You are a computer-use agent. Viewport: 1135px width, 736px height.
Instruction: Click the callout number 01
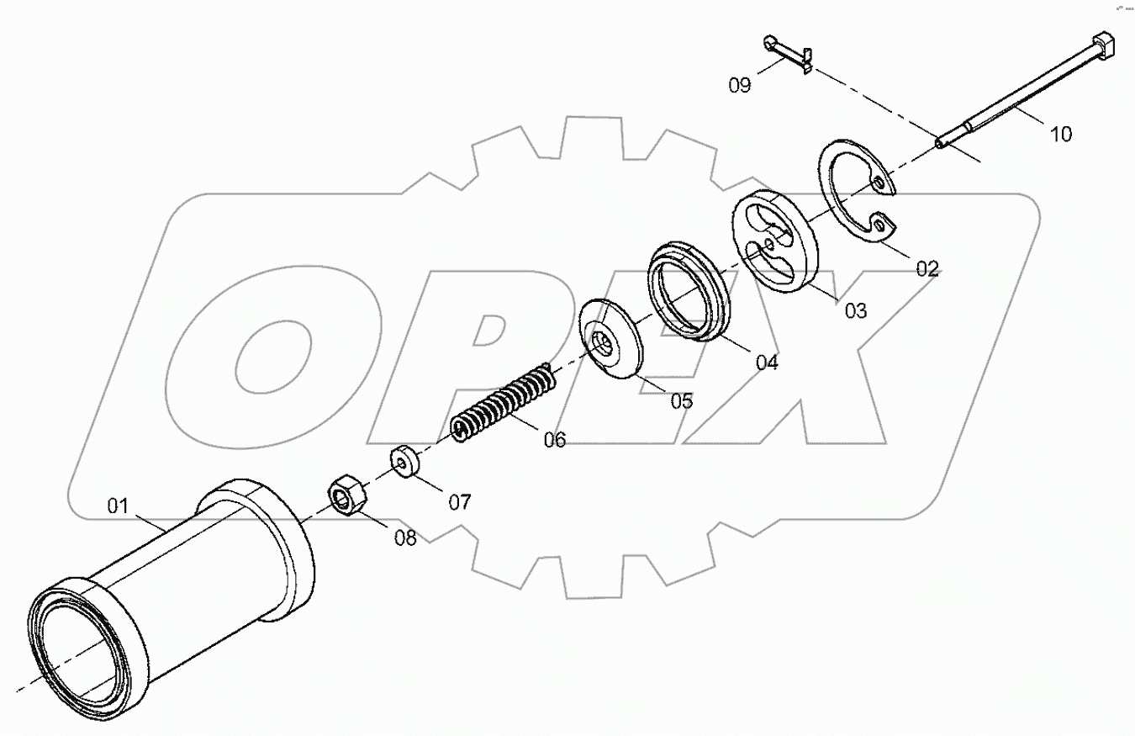(x=117, y=506)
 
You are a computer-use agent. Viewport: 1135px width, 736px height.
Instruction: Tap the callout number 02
(x=926, y=269)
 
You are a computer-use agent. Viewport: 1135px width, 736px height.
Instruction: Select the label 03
(x=855, y=311)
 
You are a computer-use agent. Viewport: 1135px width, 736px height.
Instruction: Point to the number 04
(x=767, y=363)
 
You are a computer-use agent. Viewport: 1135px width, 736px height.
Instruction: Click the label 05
(x=681, y=401)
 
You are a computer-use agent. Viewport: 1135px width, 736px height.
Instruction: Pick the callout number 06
(x=554, y=439)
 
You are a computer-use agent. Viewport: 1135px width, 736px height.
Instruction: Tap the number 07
(x=459, y=502)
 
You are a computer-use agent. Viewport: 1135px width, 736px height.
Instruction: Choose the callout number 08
(x=405, y=538)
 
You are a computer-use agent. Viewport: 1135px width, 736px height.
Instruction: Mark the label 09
(x=740, y=85)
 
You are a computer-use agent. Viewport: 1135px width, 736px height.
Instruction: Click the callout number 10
(x=1061, y=134)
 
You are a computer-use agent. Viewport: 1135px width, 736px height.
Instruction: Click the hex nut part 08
(x=346, y=494)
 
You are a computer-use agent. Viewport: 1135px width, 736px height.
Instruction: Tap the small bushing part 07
(x=406, y=463)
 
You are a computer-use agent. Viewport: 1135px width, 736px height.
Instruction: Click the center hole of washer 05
(x=604, y=341)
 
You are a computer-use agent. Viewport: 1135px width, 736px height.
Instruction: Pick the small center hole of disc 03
(x=770, y=245)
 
